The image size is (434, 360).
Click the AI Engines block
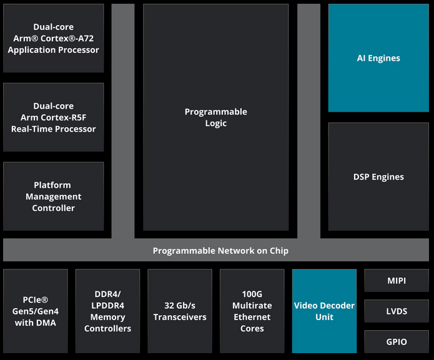(x=378, y=58)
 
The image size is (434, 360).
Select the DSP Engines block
(x=378, y=177)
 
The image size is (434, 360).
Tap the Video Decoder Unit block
(x=324, y=311)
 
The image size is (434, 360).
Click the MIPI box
(x=397, y=281)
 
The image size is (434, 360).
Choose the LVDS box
(x=397, y=311)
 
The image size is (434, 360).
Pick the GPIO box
(x=397, y=342)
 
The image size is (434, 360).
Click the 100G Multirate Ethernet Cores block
(x=252, y=311)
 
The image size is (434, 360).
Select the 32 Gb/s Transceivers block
(x=180, y=311)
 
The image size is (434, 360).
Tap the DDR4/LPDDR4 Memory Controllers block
(x=107, y=311)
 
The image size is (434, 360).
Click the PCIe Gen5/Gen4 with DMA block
(x=36, y=311)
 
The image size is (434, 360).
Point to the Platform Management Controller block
(x=53, y=197)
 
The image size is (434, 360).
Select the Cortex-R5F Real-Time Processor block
(x=53, y=117)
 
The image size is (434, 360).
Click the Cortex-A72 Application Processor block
(x=53, y=38)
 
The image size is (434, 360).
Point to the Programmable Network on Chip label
(x=220, y=251)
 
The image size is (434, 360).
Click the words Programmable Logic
(x=216, y=117)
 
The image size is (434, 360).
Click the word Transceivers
(x=180, y=317)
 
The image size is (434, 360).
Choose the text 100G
(x=252, y=294)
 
